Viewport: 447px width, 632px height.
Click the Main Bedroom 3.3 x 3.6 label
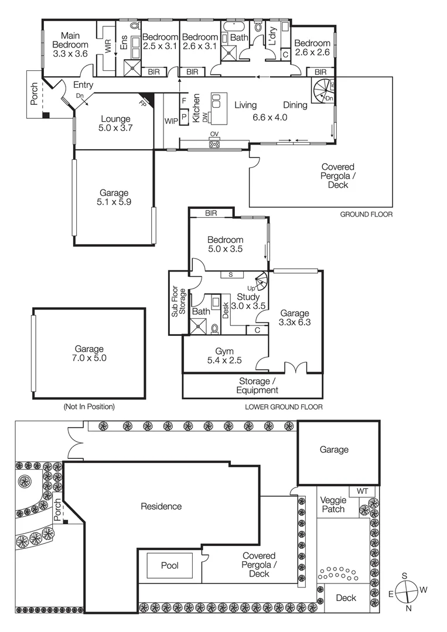point(70,44)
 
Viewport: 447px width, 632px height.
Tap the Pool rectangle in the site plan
point(170,566)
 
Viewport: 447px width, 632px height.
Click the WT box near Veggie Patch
point(362,491)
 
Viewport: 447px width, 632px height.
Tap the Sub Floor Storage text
point(178,303)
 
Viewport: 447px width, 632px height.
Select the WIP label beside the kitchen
point(171,121)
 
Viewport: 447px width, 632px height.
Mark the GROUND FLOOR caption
point(366,215)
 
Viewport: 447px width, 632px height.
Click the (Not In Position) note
point(88,406)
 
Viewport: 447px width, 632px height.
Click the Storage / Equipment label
point(253,386)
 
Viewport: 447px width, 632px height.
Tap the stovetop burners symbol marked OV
point(214,143)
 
